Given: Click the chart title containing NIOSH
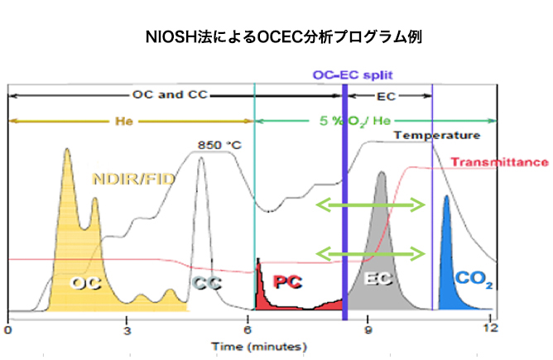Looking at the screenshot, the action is [x=284, y=36].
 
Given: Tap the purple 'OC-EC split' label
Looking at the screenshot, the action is [x=353, y=75].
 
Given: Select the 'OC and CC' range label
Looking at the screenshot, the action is [x=170, y=95].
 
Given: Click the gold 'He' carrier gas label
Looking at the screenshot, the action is [x=124, y=122].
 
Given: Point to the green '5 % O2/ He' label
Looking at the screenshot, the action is [x=355, y=121].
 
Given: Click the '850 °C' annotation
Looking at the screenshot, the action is [x=219, y=145].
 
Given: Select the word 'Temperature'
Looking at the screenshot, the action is [x=437, y=135].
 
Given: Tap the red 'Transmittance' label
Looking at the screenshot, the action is [x=500, y=162].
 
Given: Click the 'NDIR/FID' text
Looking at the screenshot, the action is [x=133, y=179].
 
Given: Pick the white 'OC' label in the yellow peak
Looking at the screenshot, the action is [x=86, y=283].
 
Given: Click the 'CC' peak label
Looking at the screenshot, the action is [x=207, y=283].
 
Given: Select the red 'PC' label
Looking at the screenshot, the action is [x=288, y=281].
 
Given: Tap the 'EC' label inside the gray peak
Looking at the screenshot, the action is [x=377, y=279].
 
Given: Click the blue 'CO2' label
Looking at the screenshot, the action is [x=474, y=279].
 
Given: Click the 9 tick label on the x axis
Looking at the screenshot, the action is [x=368, y=330].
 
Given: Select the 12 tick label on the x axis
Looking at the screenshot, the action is [x=491, y=329].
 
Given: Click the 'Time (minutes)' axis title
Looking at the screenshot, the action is [x=259, y=347].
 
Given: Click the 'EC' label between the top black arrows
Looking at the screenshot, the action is [x=386, y=97].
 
